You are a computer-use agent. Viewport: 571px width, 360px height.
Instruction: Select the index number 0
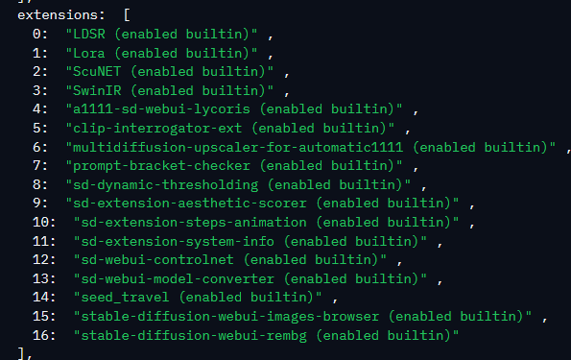point(36,35)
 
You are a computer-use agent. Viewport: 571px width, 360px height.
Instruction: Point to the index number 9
point(36,203)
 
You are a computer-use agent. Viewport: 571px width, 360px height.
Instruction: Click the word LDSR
point(89,35)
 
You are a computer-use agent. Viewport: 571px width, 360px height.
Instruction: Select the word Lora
point(89,53)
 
